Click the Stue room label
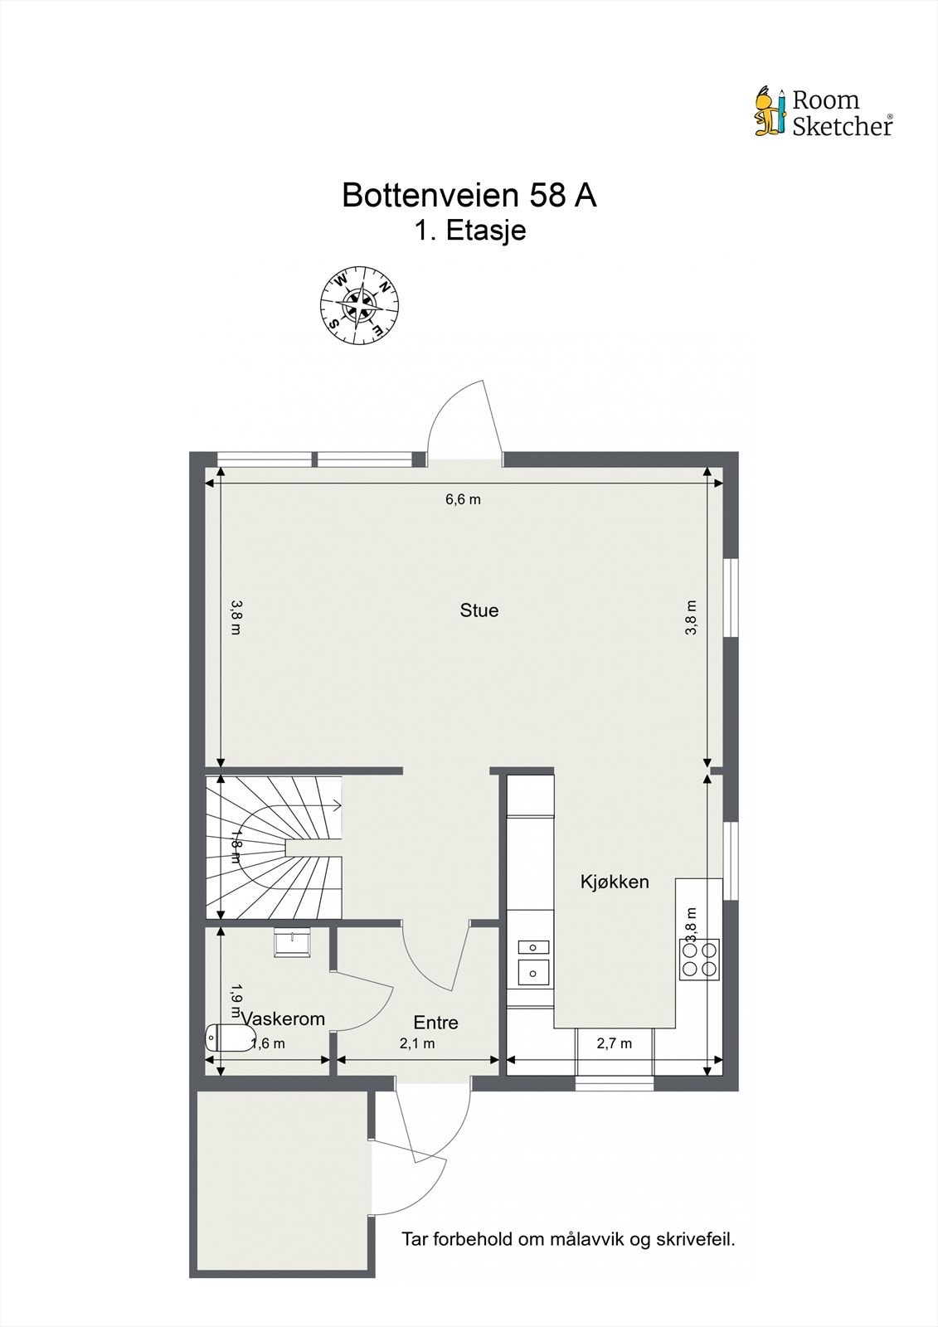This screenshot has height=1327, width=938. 479,610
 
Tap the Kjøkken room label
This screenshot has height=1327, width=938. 615,882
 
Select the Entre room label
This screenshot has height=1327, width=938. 435,1023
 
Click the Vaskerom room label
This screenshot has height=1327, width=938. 284,1018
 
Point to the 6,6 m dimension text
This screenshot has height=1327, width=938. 463,499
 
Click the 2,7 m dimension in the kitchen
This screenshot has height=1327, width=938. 615,1043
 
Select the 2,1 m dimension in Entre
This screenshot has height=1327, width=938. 417,1043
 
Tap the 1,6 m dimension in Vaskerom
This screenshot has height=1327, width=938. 267,1043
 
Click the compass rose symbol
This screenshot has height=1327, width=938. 360,304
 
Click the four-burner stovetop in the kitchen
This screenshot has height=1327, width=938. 699,959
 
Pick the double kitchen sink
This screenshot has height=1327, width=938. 533,958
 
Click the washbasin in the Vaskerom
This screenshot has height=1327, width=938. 292,941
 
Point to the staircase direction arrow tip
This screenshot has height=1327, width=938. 341,804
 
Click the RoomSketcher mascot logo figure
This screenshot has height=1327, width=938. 770,111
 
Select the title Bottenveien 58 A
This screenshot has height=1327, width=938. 469,196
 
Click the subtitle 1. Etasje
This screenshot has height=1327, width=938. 470,231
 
